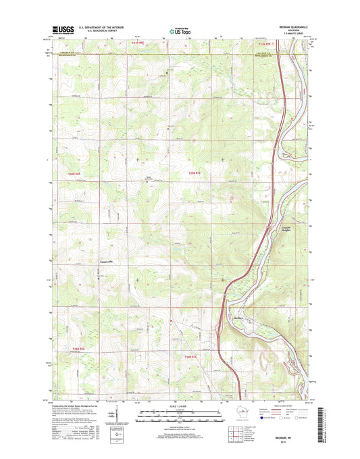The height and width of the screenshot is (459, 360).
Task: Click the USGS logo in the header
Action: tap(61, 29)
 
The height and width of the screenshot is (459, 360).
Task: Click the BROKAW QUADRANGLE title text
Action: tap(290, 27)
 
